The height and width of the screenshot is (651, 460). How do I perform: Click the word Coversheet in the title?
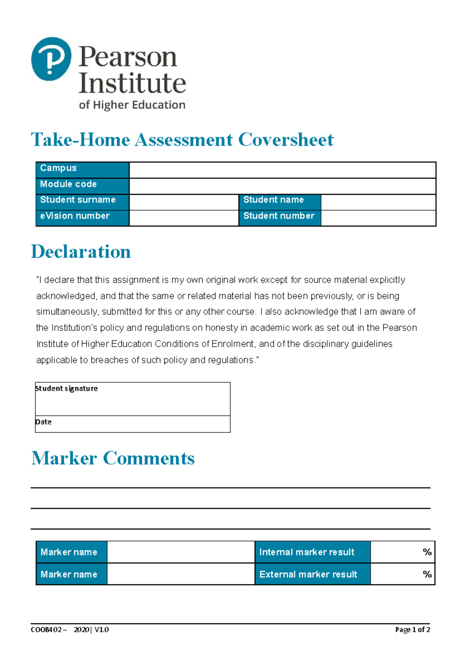click(286, 140)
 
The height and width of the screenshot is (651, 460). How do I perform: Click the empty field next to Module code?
click(282, 186)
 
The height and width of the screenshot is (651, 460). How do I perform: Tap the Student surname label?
click(78, 200)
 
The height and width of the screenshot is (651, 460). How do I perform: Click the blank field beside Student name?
click(378, 202)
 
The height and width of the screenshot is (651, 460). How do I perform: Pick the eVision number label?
click(75, 216)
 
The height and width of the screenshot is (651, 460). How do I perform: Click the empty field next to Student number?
click(378, 218)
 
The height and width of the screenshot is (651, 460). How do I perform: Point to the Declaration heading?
click(81, 252)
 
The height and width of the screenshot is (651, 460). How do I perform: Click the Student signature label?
click(66, 388)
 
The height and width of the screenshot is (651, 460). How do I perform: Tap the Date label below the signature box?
click(43, 422)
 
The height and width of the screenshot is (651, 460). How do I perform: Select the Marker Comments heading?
click(113, 458)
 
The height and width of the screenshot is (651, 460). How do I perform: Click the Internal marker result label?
click(307, 552)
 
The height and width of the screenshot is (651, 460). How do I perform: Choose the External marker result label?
click(308, 574)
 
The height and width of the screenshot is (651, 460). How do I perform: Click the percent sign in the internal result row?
click(427, 552)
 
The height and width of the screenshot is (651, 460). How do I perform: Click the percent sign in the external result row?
click(427, 574)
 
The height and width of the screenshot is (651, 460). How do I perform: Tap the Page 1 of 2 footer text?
click(412, 630)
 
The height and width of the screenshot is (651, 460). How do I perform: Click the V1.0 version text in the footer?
click(102, 630)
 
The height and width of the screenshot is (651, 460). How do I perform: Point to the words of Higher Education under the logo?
click(132, 105)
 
